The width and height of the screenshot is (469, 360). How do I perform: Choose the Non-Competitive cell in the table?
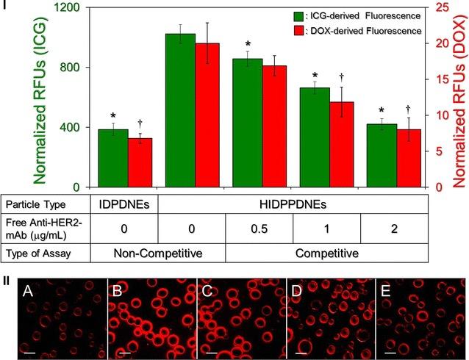(124, 254)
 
